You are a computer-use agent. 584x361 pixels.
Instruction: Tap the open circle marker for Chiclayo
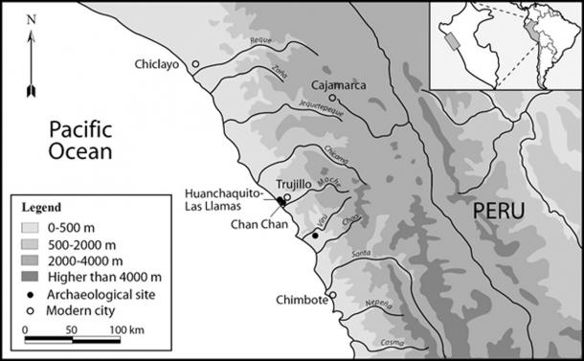click(196, 64)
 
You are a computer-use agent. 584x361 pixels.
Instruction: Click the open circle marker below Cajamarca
click(332, 98)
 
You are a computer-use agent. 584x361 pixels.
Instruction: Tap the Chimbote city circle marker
click(330, 294)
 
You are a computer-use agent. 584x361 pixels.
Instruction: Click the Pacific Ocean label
click(81, 140)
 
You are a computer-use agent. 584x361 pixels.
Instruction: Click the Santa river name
click(360, 253)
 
